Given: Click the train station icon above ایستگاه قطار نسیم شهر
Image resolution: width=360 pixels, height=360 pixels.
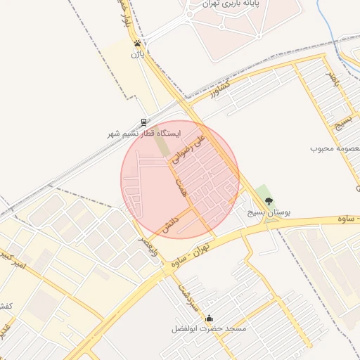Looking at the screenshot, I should coord(144,122).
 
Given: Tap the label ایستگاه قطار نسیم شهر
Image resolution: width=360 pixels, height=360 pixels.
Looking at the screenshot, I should coord(144,133).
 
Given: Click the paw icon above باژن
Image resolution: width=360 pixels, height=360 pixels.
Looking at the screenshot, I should coord(136,43).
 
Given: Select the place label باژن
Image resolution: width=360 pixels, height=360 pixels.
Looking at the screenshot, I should coord(136,53).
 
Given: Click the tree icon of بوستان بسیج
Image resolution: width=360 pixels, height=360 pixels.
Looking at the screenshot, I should coord(268,201).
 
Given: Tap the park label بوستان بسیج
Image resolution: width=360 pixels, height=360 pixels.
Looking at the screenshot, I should coord(269,212).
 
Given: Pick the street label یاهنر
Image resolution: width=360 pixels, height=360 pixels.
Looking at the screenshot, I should coord(331,79).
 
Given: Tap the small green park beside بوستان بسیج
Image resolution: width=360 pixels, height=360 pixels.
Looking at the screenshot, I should coord(263,191).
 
